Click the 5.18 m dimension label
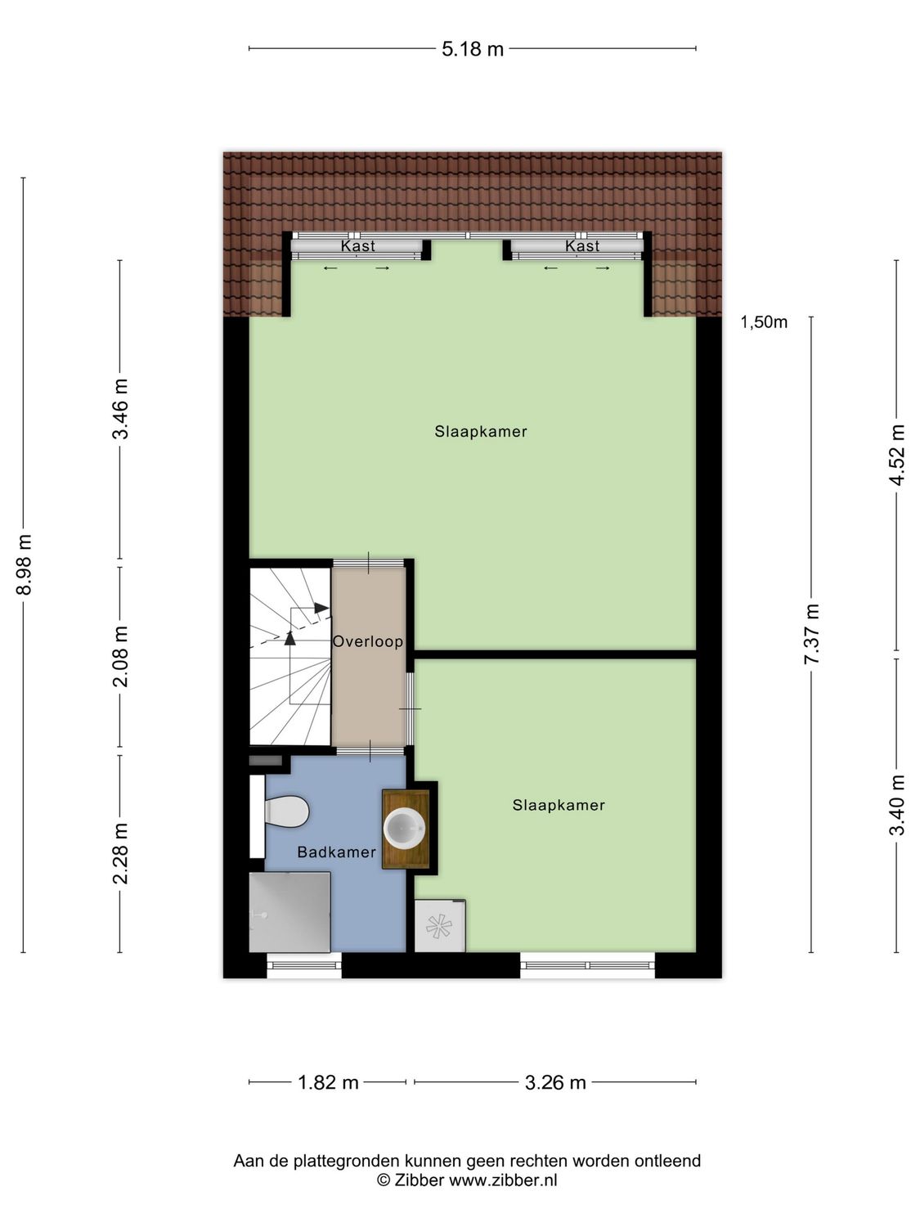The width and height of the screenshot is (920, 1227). point(473,49)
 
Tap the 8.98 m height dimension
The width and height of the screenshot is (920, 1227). point(24,564)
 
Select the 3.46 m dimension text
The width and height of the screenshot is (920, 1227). point(120,409)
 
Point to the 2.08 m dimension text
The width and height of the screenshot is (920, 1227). point(120,656)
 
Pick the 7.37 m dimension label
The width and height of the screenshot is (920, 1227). point(811,635)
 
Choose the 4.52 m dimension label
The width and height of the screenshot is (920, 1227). point(897,455)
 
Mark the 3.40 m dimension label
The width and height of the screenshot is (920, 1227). point(897,805)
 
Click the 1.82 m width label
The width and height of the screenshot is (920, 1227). point(328,1082)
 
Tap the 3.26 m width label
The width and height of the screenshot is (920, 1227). point(555,1082)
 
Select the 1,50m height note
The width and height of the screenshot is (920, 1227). point(764,322)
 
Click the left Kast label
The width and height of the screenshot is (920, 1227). point(357,246)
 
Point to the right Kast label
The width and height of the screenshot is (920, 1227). point(581,246)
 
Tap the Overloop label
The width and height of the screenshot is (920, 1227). point(368,642)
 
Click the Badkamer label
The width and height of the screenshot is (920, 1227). point(336,852)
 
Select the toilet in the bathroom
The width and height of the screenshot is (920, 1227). point(285,812)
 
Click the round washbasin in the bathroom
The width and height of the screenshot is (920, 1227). point(405,828)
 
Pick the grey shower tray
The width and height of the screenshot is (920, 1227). point(289,911)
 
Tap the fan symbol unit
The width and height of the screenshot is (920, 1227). point(439,926)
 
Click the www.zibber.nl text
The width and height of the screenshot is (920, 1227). point(503,1180)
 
